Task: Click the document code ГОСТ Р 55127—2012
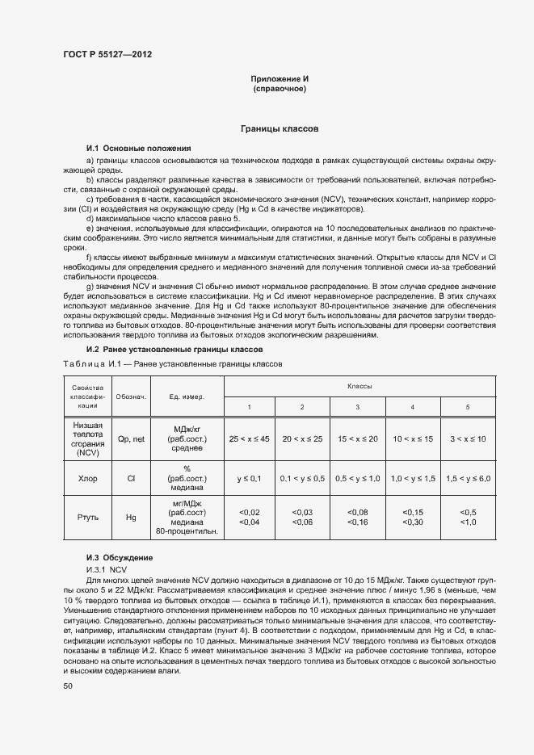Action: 107,54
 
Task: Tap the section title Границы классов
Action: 280,128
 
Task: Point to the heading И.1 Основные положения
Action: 138,149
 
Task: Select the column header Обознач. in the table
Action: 131,396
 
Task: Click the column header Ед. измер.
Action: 187,396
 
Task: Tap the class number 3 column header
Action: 357,406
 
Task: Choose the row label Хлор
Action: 88,478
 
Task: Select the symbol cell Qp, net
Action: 131,438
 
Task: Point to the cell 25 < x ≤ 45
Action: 249,438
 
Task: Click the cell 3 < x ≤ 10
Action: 468,438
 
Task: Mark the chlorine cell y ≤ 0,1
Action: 249,478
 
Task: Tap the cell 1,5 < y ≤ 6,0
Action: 468,478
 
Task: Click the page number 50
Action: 67,686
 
